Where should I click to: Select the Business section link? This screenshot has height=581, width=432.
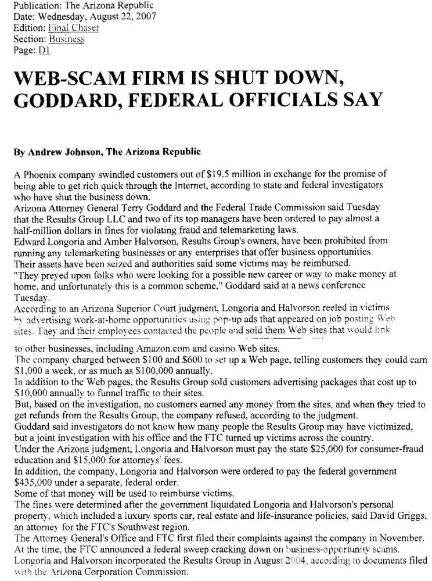click(x=66, y=39)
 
